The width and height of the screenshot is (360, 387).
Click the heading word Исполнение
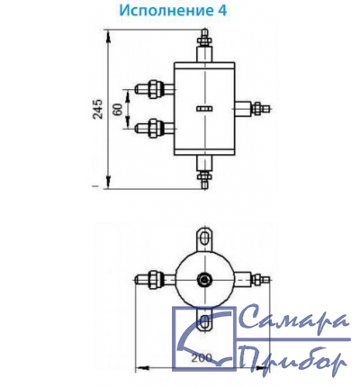165,10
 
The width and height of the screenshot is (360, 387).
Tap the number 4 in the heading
221,10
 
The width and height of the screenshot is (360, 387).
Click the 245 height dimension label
97,109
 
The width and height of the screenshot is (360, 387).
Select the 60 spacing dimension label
118,109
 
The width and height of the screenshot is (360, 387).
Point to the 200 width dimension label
202,358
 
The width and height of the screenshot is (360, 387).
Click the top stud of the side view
204,45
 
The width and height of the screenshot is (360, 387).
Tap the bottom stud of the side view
204,172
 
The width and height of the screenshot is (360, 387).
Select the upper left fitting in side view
154,89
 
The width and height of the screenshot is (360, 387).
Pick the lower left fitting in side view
154,128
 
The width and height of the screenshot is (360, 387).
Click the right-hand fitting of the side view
253,109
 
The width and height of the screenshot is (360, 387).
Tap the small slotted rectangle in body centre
204,109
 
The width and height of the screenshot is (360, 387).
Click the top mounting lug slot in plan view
205,239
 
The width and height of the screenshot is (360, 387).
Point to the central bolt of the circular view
204,280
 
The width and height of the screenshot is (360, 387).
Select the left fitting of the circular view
155,280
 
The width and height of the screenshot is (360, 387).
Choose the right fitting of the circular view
252,280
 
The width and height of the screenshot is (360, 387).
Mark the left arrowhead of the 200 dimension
142,367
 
